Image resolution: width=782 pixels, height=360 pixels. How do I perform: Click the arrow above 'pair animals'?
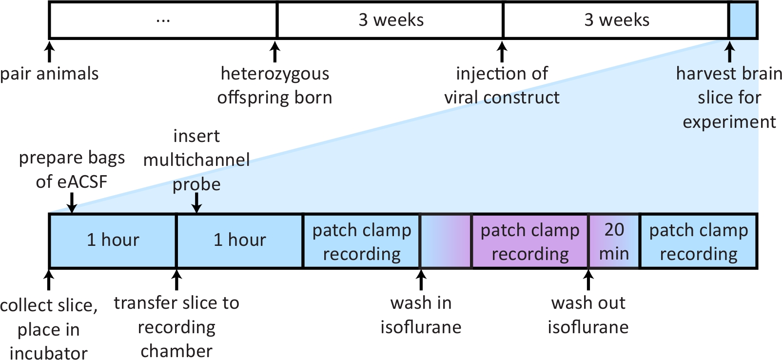50,52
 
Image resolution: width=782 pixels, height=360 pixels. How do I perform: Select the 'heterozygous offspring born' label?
275,85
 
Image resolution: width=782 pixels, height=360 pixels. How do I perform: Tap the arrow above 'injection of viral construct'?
502,52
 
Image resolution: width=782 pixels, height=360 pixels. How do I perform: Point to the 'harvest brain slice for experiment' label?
729,98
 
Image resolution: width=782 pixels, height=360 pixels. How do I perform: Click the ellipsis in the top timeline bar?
163,20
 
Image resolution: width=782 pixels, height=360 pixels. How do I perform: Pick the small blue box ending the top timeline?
743,20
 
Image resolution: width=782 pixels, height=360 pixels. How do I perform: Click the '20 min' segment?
614,241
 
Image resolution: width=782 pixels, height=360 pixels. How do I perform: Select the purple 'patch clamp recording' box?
530,241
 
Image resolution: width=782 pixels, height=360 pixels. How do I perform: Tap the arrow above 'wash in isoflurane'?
421,280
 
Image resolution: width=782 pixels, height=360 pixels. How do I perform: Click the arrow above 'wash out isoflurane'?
588,280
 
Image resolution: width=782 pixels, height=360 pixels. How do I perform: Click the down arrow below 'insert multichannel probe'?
196,203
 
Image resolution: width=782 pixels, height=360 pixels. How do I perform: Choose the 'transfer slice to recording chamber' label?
176,327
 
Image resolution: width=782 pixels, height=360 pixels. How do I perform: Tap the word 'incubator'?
49,353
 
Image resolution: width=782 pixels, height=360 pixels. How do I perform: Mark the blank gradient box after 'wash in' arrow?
446,241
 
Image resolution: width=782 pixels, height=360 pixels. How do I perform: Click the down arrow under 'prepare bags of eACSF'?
72,203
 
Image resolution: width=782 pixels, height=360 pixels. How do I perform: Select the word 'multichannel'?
196,160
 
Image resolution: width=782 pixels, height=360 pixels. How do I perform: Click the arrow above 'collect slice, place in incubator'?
49,280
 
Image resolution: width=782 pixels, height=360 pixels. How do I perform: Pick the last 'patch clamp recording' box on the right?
699,241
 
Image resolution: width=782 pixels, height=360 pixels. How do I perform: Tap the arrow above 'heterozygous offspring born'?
275,52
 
